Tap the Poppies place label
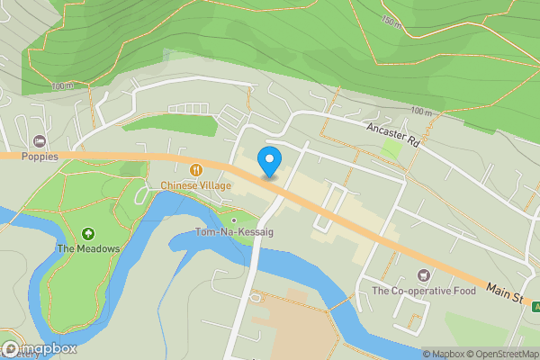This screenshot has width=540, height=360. (x=40, y=156)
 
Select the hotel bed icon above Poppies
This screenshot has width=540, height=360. (x=40, y=141)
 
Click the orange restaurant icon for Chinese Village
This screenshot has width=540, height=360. (x=196, y=170)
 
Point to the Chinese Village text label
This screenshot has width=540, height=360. (x=196, y=185)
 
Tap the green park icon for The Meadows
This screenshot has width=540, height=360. (x=87, y=234)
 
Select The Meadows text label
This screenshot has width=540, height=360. (x=87, y=248)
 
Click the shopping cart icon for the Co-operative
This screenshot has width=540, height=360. (x=422, y=275)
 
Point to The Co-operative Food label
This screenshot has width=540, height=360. (x=422, y=291)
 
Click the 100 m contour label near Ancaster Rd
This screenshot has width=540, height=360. (x=420, y=111)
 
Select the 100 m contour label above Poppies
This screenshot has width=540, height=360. (x=62, y=86)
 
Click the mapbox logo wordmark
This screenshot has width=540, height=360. (x=40, y=348)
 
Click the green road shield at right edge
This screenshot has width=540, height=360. (x=535, y=307)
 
